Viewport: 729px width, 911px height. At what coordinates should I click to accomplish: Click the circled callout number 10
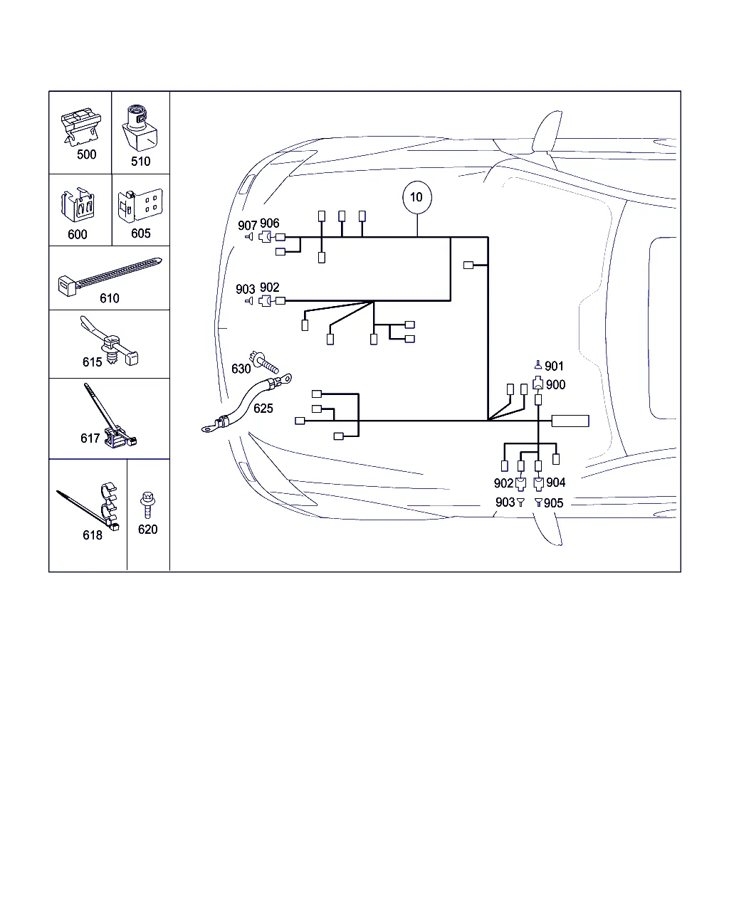416,197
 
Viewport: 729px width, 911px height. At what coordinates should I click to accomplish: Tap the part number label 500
86,154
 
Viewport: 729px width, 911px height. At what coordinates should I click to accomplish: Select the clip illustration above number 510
140,128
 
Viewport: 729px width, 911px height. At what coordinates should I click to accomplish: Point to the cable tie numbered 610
110,277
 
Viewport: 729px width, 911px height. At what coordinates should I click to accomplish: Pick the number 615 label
92,362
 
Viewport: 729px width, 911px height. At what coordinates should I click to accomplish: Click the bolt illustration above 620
147,505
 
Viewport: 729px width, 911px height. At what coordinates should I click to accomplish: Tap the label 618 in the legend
93,535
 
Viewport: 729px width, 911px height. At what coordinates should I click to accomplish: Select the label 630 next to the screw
241,369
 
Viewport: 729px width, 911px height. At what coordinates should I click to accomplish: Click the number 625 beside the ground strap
263,409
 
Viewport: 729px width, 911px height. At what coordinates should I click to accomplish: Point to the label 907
247,225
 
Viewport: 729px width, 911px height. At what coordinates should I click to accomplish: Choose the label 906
269,223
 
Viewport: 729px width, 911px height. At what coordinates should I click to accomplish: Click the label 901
554,366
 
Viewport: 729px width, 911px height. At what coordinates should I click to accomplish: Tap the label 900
556,384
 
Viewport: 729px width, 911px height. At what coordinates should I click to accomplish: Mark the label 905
554,503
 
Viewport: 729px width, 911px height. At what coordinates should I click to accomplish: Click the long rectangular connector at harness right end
570,421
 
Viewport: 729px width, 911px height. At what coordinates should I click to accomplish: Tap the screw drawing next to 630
263,362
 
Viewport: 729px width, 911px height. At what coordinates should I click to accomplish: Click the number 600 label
78,234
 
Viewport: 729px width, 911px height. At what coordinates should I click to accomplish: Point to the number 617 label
90,438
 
